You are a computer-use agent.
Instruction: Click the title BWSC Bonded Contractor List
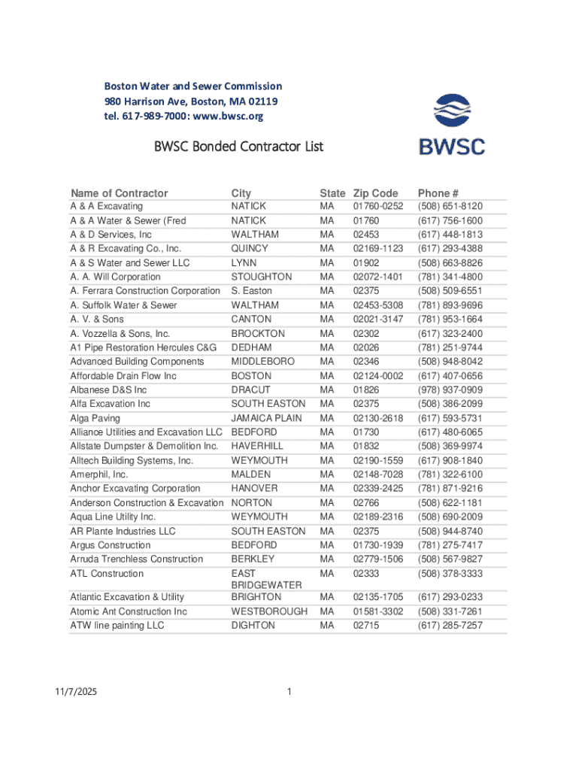click(238, 146)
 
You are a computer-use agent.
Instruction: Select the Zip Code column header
click(375, 193)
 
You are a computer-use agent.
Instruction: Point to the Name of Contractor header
click(119, 193)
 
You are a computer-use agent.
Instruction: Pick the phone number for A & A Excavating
click(450, 206)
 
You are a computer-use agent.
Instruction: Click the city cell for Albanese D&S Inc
click(250, 390)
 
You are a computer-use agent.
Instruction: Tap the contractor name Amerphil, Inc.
click(99, 474)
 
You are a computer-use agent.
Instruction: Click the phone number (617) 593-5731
click(450, 418)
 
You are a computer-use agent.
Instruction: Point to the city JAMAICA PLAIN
click(266, 418)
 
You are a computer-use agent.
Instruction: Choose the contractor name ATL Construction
click(107, 574)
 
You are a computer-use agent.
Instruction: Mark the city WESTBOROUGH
click(269, 611)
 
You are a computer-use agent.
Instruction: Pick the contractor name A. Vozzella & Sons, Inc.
click(120, 333)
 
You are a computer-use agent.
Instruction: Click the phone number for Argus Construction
click(450, 545)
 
